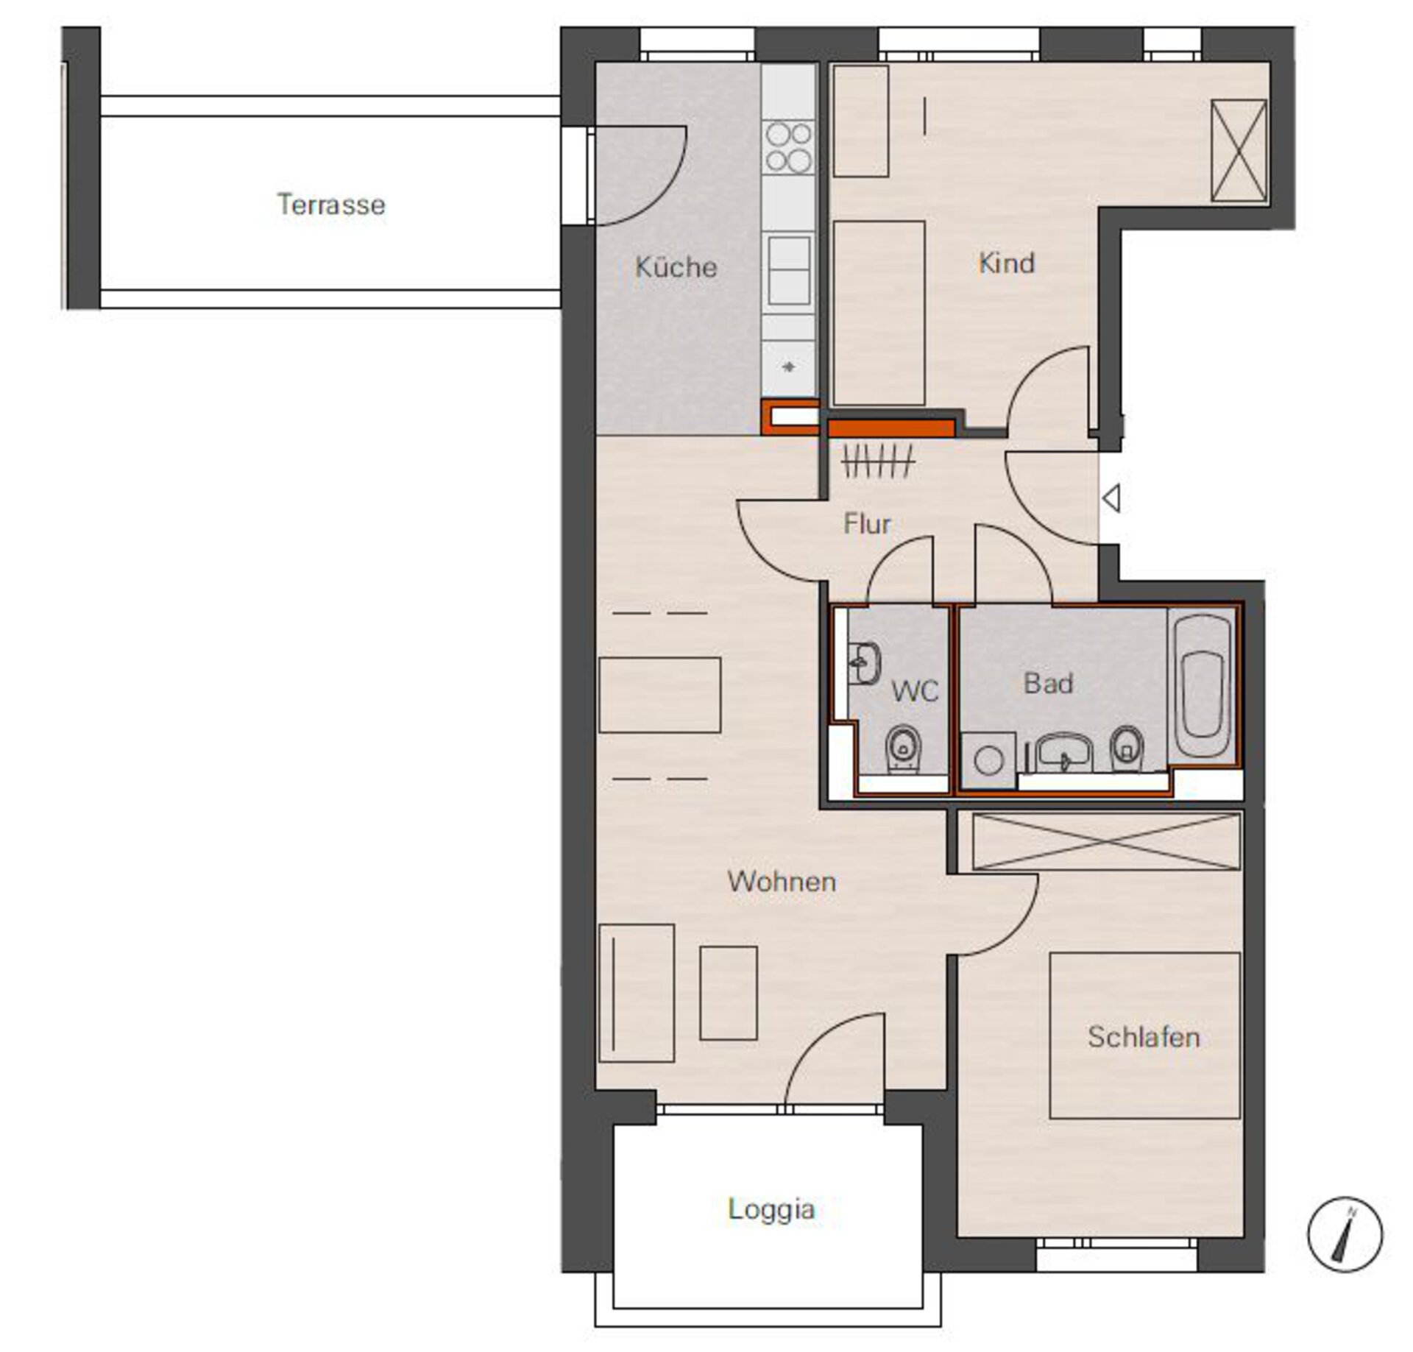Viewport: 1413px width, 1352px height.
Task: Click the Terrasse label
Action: pyautogui.click(x=331, y=205)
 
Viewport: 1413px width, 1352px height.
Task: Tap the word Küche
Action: pyautogui.click(x=676, y=266)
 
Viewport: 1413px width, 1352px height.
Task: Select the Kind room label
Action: pyautogui.click(x=1006, y=263)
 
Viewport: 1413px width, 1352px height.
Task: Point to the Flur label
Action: pyautogui.click(x=866, y=524)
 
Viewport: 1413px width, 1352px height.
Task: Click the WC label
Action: pyautogui.click(x=915, y=691)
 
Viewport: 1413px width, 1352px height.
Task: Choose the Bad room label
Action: pyautogui.click(x=1048, y=684)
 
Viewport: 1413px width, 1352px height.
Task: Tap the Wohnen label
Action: pyautogui.click(x=782, y=882)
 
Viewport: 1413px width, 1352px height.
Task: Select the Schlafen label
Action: pyautogui.click(x=1144, y=1037)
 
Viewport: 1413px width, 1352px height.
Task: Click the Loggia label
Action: pyautogui.click(x=771, y=1209)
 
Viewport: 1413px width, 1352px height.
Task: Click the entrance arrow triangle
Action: pyautogui.click(x=1111, y=498)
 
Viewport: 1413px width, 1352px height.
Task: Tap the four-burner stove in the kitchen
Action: pyautogui.click(x=789, y=147)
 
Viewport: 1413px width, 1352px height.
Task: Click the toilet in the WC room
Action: pyautogui.click(x=901, y=748)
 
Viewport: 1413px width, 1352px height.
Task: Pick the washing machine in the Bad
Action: pyautogui.click(x=988, y=760)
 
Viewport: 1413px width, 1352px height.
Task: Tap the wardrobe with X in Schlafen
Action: pyautogui.click(x=1106, y=841)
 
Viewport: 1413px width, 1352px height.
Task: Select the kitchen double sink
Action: pyautogui.click(x=789, y=271)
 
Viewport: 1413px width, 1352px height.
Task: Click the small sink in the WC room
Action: pyautogui.click(x=864, y=663)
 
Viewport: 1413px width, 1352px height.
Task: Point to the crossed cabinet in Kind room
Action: pyautogui.click(x=1239, y=150)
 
